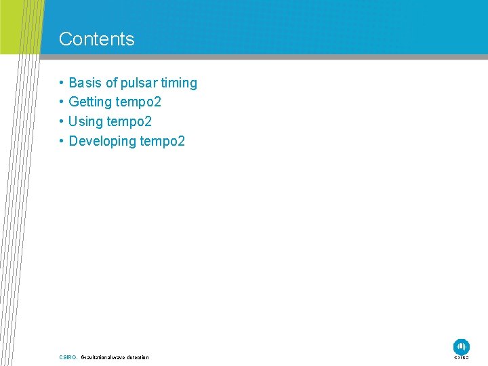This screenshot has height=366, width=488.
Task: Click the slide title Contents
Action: point(96,39)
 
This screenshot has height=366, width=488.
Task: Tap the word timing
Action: point(179,83)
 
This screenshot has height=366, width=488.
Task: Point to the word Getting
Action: point(91,102)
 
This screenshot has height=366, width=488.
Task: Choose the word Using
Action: point(85,122)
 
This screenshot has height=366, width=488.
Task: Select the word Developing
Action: point(102,141)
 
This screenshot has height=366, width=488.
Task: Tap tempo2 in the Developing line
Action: point(162,141)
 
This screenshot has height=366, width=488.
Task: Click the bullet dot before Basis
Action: point(61,83)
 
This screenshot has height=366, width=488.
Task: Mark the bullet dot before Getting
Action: point(61,102)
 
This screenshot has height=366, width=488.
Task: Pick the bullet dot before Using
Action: point(61,122)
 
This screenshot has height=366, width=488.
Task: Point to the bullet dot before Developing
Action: point(61,141)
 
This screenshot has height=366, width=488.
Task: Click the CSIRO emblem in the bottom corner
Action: point(462,346)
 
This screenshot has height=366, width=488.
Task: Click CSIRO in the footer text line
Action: point(68,357)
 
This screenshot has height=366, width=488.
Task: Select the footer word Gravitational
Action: point(97,357)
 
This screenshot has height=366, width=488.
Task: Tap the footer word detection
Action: point(137,357)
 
